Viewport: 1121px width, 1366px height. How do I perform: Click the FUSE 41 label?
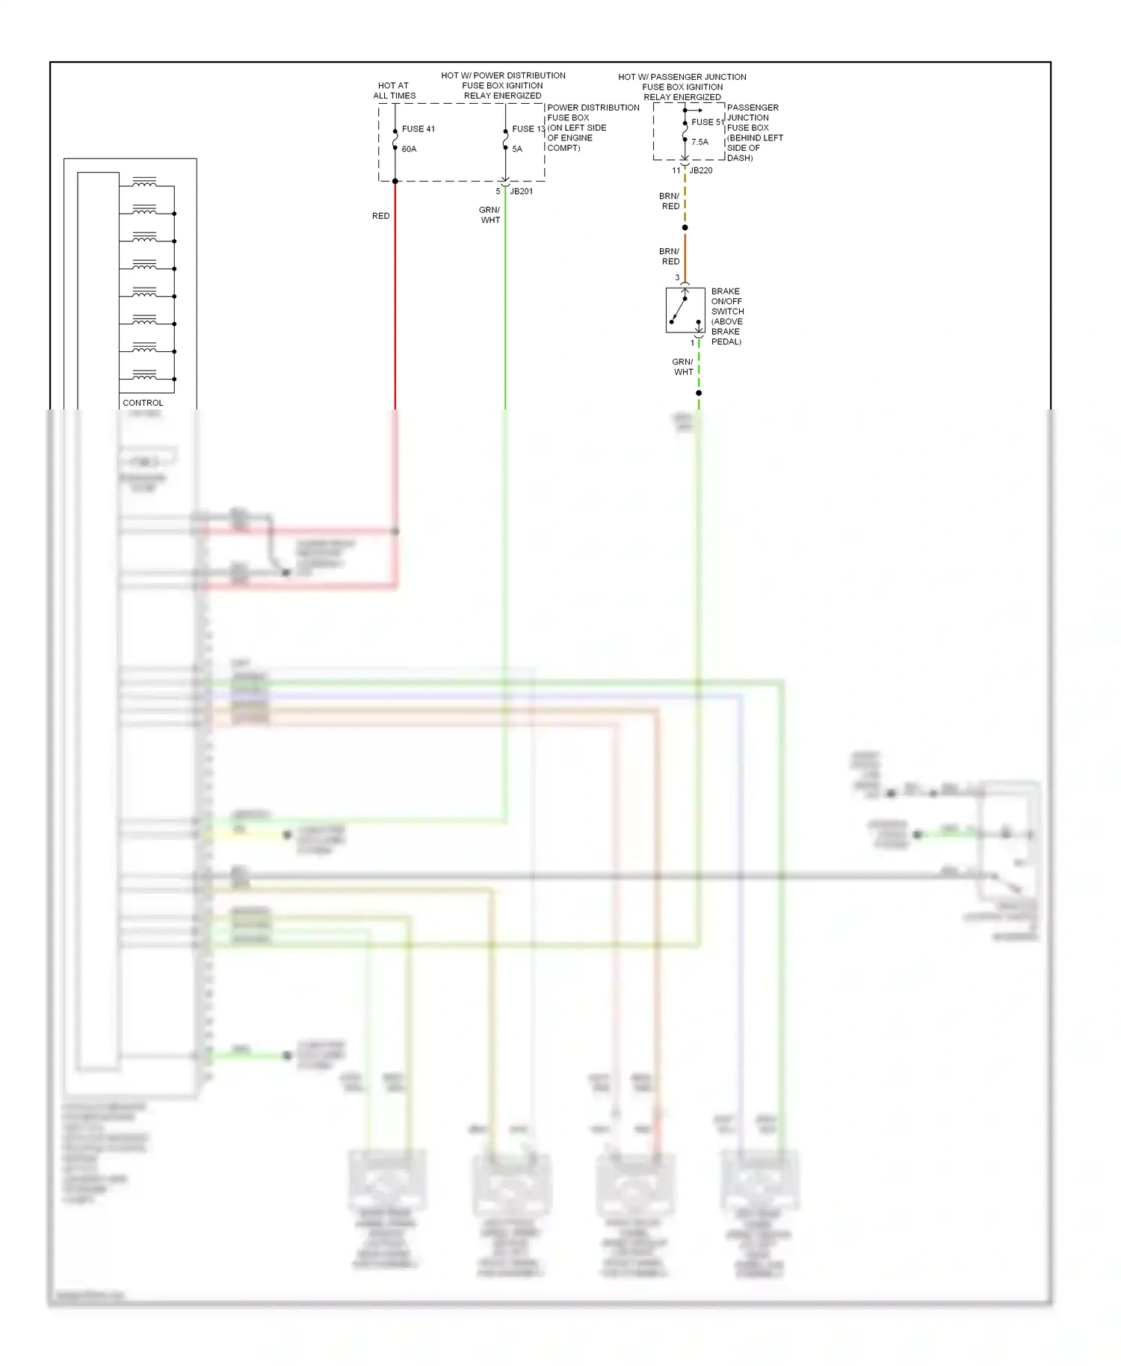click(x=418, y=129)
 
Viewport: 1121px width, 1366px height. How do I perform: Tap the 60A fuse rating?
click(x=409, y=149)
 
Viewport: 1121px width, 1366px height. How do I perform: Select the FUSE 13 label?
click(x=528, y=129)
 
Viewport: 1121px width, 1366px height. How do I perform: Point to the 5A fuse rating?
click(x=517, y=149)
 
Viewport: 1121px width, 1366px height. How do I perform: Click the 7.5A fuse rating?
click(x=700, y=142)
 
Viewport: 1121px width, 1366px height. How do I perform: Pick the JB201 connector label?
click(x=522, y=191)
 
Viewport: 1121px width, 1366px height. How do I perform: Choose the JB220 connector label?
click(x=701, y=170)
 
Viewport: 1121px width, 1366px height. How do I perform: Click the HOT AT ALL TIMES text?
click(x=394, y=90)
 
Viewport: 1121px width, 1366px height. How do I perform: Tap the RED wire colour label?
click(x=380, y=216)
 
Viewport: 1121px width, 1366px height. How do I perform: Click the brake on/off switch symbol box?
click(x=685, y=310)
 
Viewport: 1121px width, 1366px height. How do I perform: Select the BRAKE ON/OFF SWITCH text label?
click(x=727, y=316)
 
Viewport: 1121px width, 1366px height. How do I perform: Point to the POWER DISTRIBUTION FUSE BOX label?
click(x=593, y=128)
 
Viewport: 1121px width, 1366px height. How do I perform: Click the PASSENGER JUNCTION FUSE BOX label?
click(x=755, y=132)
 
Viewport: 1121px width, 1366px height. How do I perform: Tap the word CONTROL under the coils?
click(x=143, y=403)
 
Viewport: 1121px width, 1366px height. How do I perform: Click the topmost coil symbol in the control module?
click(x=144, y=182)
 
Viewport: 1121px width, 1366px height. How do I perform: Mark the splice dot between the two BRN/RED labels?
click(x=685, y=228)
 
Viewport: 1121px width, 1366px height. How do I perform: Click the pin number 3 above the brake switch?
click(x=678, y=278)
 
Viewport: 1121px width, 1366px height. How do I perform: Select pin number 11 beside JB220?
click(x=676, y=170)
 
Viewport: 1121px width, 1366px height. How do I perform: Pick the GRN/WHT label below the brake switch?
click(x=683, y=367)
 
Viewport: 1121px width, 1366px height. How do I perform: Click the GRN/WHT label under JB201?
click(x=490, y=215)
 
